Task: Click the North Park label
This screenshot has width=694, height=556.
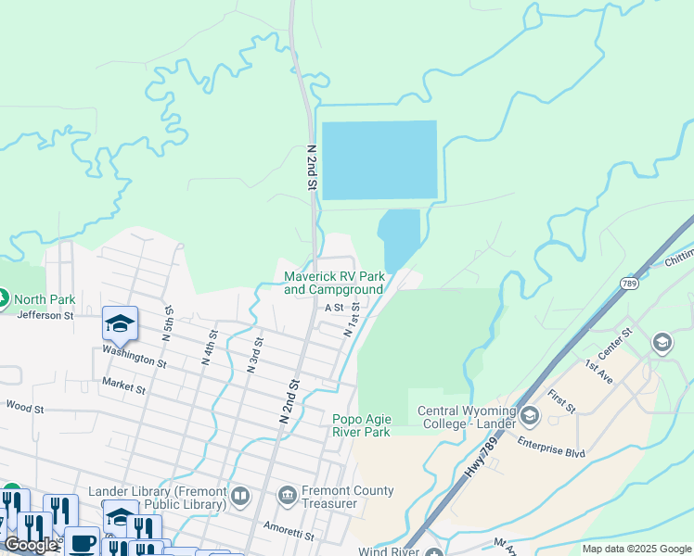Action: click(45, 299)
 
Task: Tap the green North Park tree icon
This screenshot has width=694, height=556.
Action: click(3, 298)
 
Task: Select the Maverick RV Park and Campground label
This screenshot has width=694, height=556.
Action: click(334, 283)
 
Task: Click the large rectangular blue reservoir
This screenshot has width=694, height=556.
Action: click(378, 159)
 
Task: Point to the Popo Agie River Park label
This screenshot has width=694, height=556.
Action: click(362, 424)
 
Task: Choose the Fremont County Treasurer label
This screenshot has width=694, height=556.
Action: click(348, 497)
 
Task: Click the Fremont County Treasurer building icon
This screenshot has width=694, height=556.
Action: click(287, 498)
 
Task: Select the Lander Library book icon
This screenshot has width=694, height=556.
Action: click(240, 498)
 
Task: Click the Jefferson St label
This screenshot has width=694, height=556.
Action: click(45, 315)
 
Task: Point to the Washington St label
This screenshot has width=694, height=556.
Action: click(134, 357)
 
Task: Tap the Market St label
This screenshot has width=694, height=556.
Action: click(123, 385)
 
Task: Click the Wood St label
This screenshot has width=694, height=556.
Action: click(24, 406)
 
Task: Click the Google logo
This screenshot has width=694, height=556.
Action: click(32, 545)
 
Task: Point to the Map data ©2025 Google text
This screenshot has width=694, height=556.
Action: click(636, 549)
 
